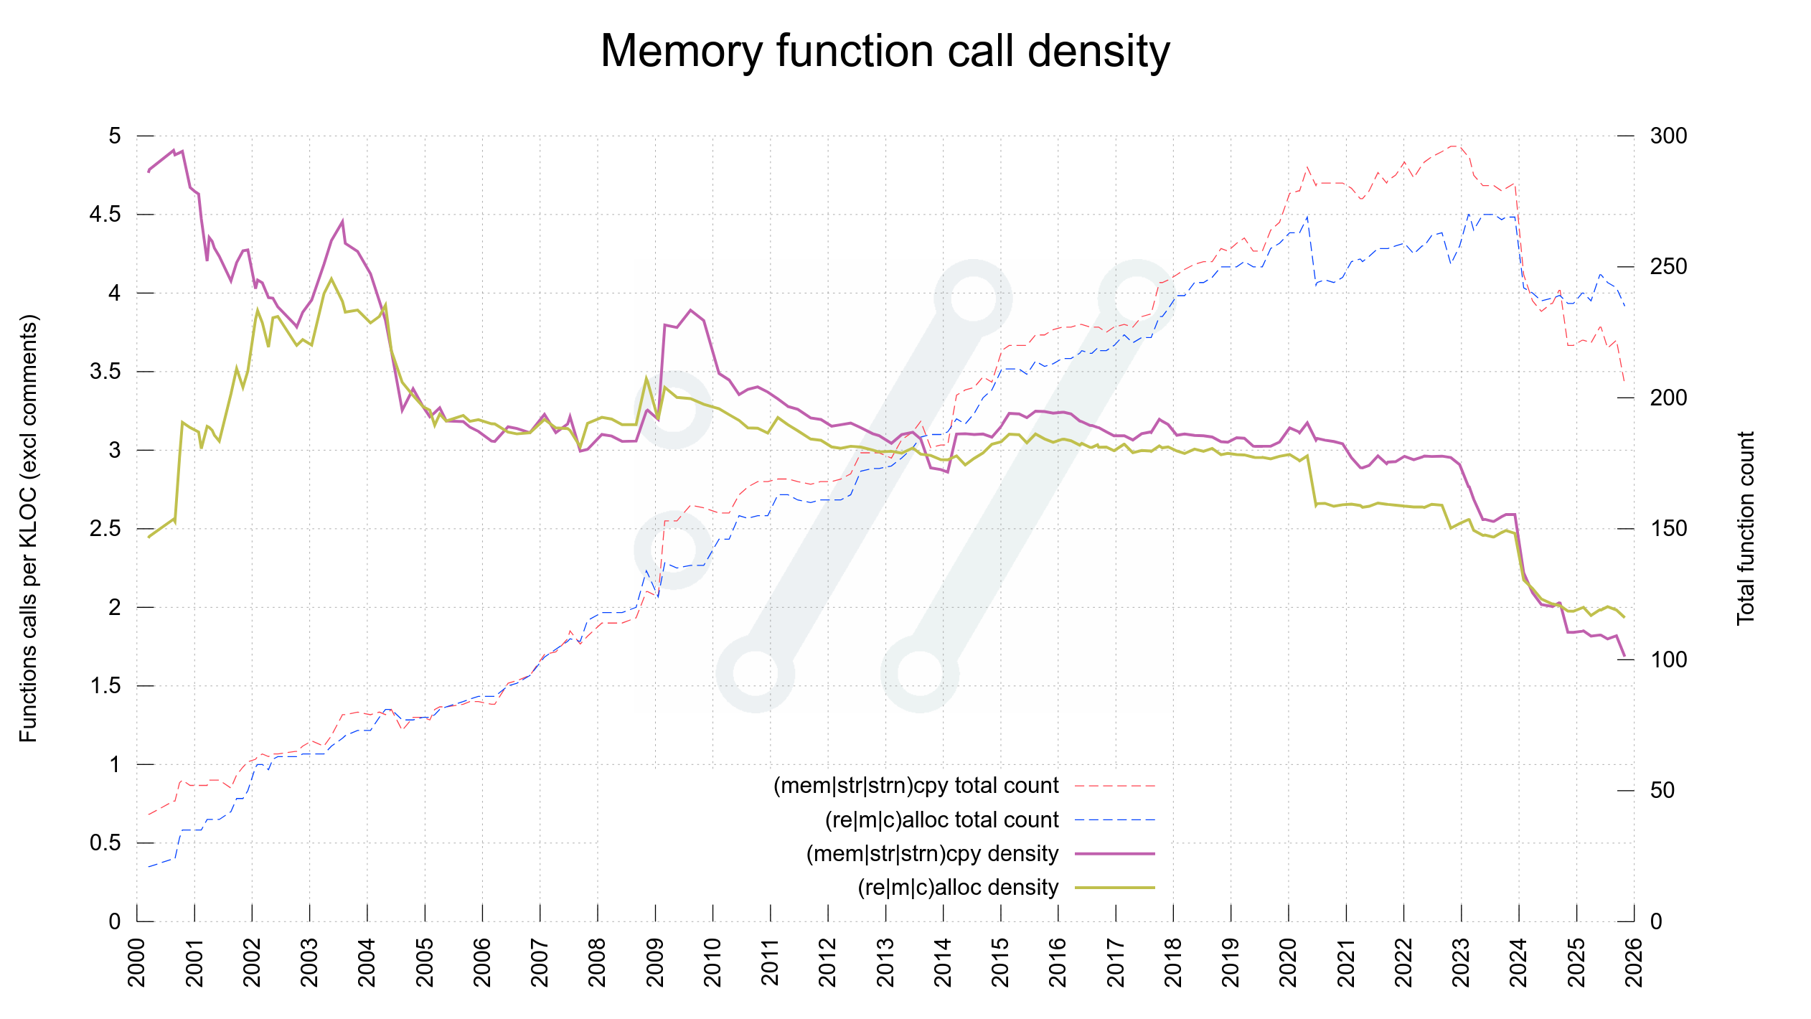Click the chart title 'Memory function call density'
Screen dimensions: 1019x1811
(x=885, y=51)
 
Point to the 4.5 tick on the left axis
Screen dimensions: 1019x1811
(x=105, y=215)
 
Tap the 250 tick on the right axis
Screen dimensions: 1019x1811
(x=1668, y=267)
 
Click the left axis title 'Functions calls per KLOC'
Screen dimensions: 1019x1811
(x=28, y=528)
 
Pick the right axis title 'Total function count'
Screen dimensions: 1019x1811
(x=1745, y=528)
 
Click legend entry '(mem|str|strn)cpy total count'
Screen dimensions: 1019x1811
(x=916, y=786)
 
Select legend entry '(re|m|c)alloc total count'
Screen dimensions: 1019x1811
(x=941, y=820)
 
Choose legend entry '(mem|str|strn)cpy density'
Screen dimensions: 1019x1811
(x=932, y=853)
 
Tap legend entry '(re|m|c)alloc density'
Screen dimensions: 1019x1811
(x=958, y=888)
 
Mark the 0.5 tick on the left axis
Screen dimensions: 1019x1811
(x=105, y=842)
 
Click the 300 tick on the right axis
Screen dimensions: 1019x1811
(x=1668, y=136)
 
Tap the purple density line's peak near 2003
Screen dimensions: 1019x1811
(x=342, y=222)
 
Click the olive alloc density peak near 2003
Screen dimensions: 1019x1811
(x=331, y=278)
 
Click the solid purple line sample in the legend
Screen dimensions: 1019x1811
(x=1114, y=854)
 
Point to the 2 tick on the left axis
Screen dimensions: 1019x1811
(x=115, y=607)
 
